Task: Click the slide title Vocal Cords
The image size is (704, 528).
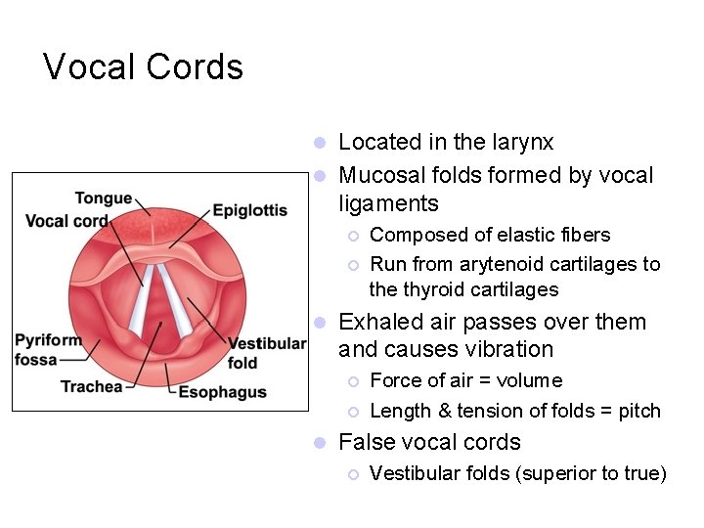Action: click(x=143, y=67)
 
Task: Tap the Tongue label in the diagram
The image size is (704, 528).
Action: click(x=103, y=199)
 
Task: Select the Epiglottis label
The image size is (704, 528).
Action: click(x=249, y=210)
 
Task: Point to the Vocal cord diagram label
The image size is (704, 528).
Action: click(x=66, y=221)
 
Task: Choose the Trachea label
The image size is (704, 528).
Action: click(x=92, y=386)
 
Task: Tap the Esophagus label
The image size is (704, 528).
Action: click(x=222, y=392)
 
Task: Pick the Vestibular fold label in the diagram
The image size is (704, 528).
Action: click(x=266, y=353)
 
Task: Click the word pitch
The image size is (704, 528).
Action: click(x=639, y=412)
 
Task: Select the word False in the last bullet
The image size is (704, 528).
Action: click(x=365, y=442)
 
